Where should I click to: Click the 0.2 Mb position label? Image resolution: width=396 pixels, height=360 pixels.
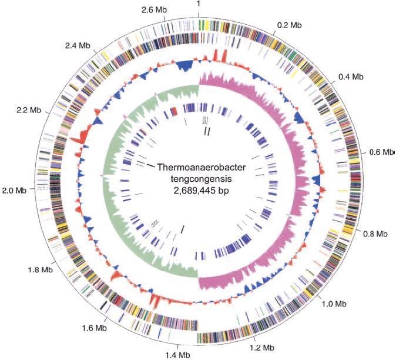pos(290,25)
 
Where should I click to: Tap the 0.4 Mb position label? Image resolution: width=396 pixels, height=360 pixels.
pos(351,76)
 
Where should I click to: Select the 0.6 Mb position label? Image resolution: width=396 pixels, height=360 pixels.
pos(381,152)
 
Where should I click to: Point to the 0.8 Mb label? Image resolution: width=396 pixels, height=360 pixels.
pos(375,234)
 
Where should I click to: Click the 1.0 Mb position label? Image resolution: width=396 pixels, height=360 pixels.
pos(334,304)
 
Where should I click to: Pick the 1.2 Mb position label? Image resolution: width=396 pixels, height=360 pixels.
pos(262,348)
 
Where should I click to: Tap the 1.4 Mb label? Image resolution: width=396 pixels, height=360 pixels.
pos(178,355)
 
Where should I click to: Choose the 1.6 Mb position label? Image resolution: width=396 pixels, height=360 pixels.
pos(95,328)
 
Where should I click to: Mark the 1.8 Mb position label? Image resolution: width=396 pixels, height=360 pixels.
pos(41,270)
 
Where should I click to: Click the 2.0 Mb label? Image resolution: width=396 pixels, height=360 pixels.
pos(15,191)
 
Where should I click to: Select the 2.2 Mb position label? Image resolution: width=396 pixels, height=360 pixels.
pos(29,110)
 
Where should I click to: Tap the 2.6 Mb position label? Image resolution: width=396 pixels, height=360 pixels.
pos(154,10)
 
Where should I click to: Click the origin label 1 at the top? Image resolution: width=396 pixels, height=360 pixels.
pos(199,4)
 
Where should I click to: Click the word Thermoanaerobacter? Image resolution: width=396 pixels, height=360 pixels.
pos(202,168)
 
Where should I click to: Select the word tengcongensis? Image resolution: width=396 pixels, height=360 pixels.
pos(201,179)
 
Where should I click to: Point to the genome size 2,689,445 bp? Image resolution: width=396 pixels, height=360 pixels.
pos(201,191)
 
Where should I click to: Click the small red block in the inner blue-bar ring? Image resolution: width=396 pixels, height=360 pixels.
pos(174,111)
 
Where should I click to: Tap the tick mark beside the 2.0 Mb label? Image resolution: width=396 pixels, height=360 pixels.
pos(32,189)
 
